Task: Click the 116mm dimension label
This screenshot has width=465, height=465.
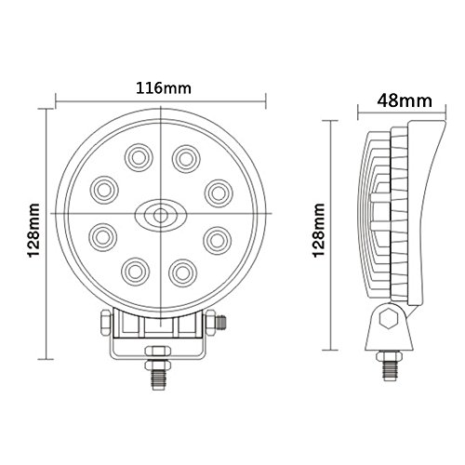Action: (164, 88)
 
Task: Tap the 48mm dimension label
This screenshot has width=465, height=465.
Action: (405, 100)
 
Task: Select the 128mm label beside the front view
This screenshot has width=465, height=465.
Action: (33, 231)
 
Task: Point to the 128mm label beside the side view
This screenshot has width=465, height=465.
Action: (319, 231)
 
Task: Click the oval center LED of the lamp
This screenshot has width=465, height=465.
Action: (161, 215)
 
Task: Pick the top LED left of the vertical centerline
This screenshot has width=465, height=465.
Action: (139, 158)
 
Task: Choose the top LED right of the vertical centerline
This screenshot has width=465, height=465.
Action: (186, 159)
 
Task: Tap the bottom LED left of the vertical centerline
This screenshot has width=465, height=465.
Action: (135, 272)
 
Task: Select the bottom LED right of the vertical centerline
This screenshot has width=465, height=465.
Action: (183, 273)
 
